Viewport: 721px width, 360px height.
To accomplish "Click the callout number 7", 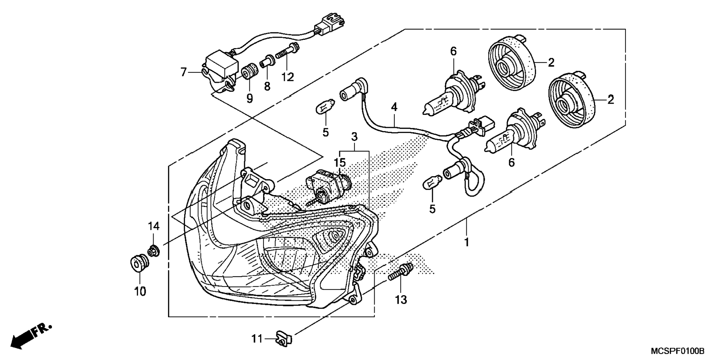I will pos(183,72).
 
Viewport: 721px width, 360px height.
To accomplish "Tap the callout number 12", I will pos(288,77).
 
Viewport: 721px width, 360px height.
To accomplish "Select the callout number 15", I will pos(340,162).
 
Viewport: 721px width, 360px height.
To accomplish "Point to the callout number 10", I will pos(140,291).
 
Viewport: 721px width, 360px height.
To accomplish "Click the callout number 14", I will pos(154,226).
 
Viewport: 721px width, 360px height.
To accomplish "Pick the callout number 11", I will pos(257,339).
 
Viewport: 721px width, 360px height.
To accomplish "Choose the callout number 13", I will pos(401,300).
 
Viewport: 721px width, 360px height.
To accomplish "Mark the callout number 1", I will pos(466,242).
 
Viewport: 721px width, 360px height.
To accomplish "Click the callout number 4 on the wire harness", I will pos(394,107).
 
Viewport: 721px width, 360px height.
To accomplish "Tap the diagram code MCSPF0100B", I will pos(678,351).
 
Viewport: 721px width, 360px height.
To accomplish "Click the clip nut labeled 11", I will pos(284,338).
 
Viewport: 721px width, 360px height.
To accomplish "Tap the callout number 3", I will pos(354,136).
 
